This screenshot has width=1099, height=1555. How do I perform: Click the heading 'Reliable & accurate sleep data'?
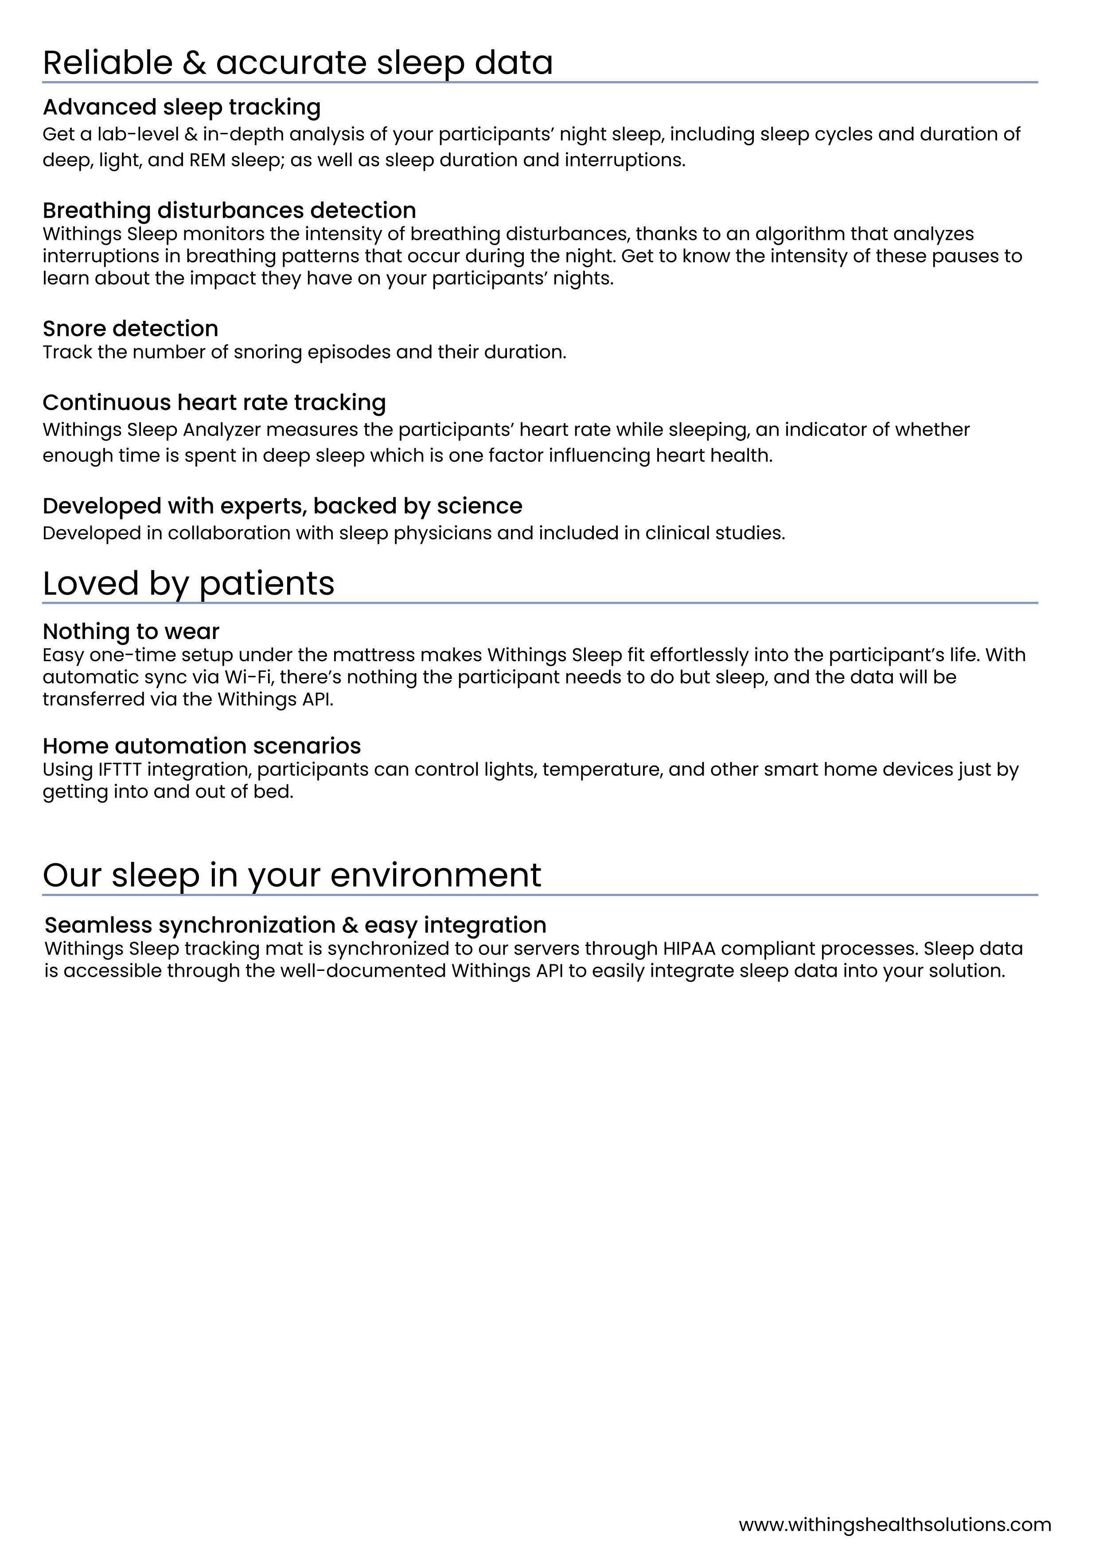point(298,62)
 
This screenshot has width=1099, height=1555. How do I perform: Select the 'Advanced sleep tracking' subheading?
point(182,107)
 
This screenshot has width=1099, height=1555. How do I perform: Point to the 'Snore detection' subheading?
point(130,328)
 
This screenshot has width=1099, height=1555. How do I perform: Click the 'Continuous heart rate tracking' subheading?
point(214,402)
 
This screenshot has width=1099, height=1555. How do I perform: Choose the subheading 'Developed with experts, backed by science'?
point(282,506)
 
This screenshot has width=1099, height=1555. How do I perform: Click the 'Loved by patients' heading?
point(188,583)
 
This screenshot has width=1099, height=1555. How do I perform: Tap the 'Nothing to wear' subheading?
point(131,631)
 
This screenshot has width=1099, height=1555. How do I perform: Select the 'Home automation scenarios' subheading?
point(202,746)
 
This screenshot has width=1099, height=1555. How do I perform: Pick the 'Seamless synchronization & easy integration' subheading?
point(295,925)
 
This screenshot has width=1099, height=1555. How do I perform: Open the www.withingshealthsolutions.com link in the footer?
point(895,1524)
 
